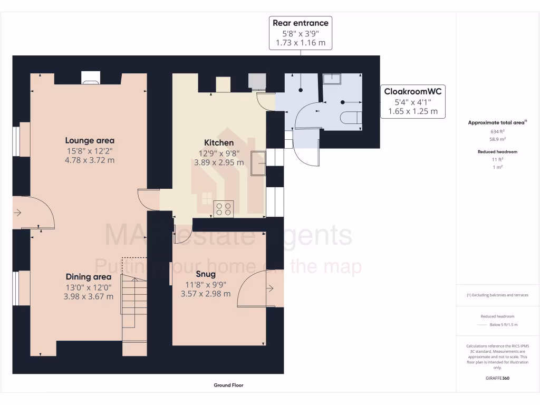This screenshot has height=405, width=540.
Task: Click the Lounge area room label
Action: (90, 140)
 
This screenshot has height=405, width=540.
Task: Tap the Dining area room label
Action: (89, 277)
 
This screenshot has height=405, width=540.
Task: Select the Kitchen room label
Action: (219, 142)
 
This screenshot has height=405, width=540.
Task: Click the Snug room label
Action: (205, 274)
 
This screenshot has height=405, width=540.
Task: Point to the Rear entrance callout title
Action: (301, 23)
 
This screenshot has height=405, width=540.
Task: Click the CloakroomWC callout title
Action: (413, 92)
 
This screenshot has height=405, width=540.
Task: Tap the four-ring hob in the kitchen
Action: (224, 209)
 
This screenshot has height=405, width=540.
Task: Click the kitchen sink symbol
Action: (258, 162)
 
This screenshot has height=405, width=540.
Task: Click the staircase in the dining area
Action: (134, 306)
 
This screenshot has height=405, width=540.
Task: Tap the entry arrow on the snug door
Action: (270, 288)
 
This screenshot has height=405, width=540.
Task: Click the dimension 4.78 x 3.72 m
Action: (90, 160)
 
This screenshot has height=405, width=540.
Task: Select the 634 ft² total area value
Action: (498, 131)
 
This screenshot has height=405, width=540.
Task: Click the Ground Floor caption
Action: (228, 385)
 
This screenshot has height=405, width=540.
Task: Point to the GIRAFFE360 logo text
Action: (498, 378)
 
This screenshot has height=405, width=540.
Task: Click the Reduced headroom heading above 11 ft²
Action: (498, 152)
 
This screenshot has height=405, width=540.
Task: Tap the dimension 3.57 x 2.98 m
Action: (205, 294)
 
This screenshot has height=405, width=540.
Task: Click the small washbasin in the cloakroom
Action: (332, 79)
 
